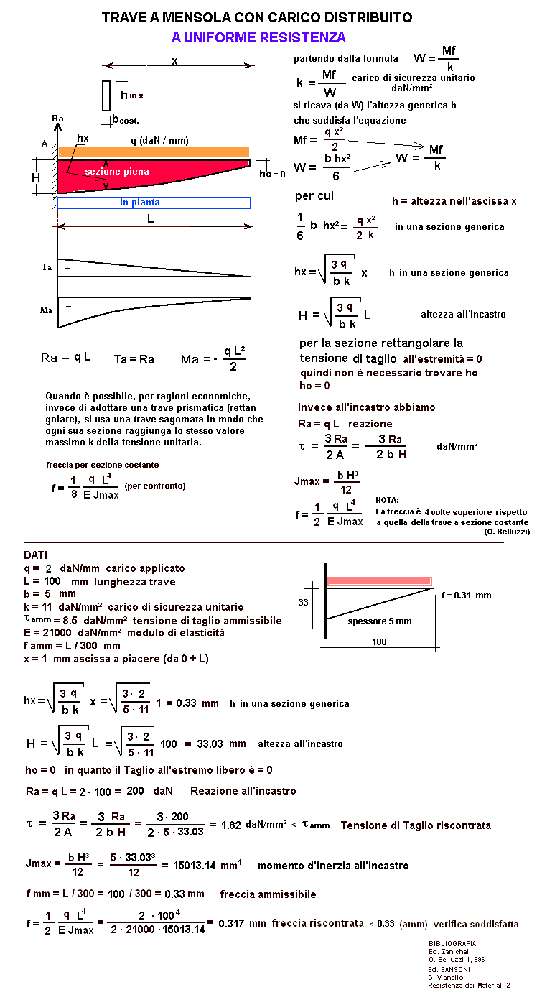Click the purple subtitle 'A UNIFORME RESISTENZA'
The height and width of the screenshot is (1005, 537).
tap(258, 37)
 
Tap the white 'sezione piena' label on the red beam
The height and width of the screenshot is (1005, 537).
tap(117, 172)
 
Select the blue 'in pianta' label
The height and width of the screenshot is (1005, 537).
tap(140, 203)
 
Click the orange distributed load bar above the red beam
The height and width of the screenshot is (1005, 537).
tap(154, 152)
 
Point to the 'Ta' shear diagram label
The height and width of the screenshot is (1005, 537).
tap(46, 267)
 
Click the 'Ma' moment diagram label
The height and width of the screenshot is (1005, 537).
tap(46, 310)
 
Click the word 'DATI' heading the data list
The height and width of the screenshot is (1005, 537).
tap(37, 555)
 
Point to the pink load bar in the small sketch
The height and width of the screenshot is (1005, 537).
tap(379, 581)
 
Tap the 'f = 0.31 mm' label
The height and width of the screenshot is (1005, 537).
tap(466, 595)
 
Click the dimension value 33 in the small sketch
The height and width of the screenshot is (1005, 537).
tap(304, 602)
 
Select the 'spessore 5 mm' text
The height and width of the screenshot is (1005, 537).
tap(380, 621)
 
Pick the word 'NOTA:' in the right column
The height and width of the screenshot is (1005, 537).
tap(387, 499)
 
